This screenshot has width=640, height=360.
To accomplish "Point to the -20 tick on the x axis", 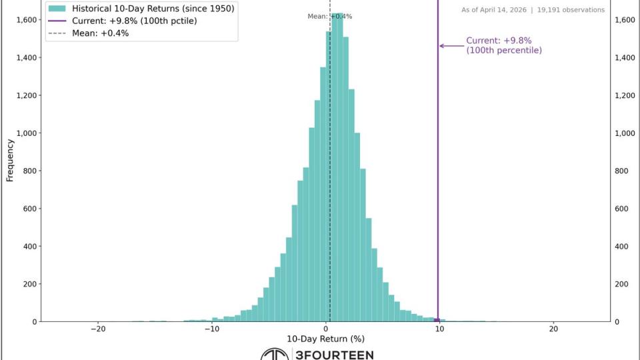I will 98,329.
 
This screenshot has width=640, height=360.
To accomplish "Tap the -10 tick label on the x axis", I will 212,329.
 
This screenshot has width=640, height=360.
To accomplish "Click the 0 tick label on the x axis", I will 326,329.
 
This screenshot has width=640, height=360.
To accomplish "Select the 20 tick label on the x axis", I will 553,329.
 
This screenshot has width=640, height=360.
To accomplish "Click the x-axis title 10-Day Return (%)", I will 325,339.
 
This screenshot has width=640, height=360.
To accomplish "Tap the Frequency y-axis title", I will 10,160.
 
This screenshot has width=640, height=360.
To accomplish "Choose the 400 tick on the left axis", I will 30,246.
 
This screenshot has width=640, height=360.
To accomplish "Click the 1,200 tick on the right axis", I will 624,95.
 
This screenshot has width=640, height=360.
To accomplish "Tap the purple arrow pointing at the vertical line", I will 451,46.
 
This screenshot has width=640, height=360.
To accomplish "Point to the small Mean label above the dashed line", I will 317,16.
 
